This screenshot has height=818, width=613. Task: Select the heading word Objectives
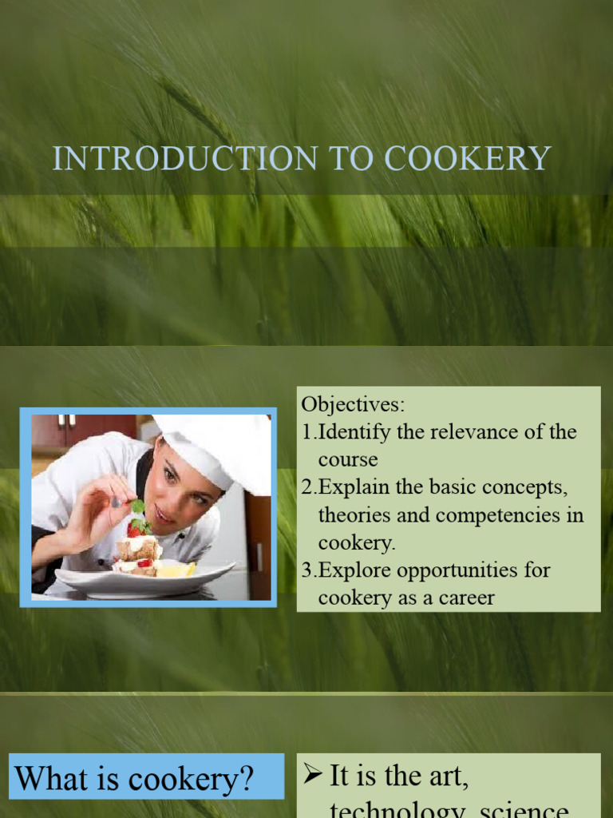[x=352, y=403]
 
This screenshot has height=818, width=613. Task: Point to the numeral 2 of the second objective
[x=307, y=487]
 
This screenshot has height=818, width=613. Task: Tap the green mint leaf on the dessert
[x=138, y=506]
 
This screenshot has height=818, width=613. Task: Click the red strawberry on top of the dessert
[x=135, y=527]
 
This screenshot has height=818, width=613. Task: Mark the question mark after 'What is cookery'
[x=263, y=778]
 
